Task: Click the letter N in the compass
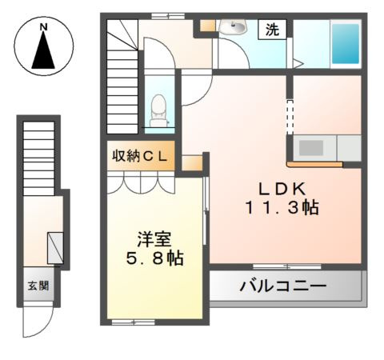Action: pos(44,28)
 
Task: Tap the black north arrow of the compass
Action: pos(44,53)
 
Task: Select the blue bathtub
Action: pos(346,44)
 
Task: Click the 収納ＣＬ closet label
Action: pos(140,156)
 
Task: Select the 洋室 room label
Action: pos(152,238)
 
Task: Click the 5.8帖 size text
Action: pos(152,258)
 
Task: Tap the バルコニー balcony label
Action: pos(283,286)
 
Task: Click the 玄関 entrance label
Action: pos(38,286)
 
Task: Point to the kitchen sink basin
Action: pos(311,149)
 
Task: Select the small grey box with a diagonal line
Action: pos(56,247)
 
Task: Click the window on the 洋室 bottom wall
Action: pos(133,322)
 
